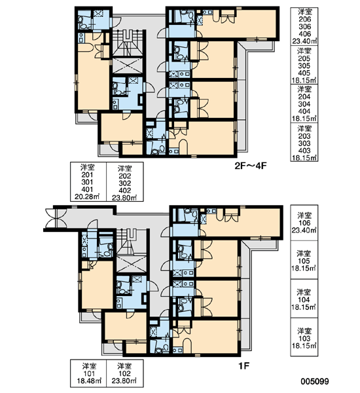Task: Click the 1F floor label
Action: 243,366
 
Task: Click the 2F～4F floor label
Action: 249,166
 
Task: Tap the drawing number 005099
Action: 315,381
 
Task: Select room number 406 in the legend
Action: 304,34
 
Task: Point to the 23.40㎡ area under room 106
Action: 304,230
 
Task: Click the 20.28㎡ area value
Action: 87,196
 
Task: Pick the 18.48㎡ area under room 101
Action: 89,381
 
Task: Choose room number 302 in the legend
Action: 125,183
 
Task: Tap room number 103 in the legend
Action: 304,339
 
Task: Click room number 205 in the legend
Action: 304,58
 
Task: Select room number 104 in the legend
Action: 304,300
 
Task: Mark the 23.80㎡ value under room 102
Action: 124,381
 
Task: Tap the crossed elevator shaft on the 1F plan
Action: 132,263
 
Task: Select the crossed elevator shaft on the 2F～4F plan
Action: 127,65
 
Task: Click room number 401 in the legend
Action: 87,189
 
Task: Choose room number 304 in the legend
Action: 304,104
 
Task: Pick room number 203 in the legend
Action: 304,136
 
